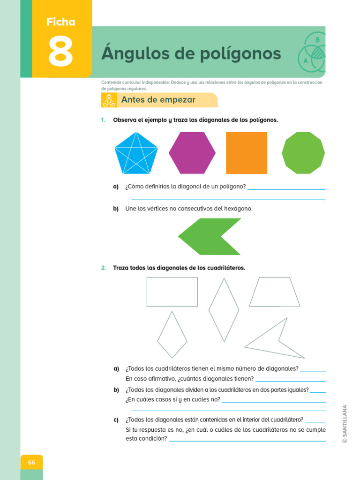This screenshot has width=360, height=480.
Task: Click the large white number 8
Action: point(60,51)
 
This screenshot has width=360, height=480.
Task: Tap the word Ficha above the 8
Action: point(60,22)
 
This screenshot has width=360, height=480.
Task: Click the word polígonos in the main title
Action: point(240,54)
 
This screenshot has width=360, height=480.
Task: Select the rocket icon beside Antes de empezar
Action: point(109,100)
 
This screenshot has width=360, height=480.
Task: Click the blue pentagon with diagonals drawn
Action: point(136,153)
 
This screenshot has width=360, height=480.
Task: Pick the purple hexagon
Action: point(192,153)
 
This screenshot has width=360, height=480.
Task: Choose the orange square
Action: point(247,153)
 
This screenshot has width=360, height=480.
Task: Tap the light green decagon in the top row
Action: point(303,153)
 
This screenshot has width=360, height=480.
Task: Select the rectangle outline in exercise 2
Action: point(172,277)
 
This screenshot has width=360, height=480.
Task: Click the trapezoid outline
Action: point(275,277)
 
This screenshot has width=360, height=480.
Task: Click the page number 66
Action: point(31,463)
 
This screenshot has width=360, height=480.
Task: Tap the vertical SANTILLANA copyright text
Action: point(345,423)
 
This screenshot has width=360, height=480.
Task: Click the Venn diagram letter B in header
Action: point(317,40)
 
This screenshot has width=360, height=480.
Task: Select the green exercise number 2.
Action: point(104,268)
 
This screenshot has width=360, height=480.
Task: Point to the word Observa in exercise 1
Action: point(125,120)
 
